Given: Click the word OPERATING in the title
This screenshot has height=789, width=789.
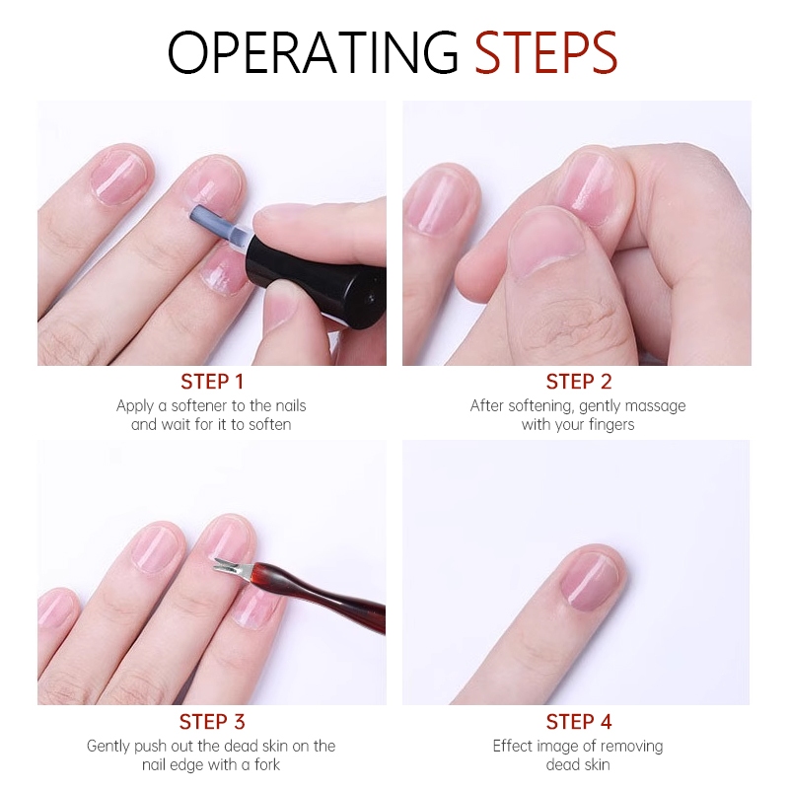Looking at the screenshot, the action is pos(313,52).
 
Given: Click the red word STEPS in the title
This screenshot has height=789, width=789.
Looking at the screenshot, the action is pos(546,52).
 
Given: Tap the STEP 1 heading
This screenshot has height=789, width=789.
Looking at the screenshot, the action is pos(212,382).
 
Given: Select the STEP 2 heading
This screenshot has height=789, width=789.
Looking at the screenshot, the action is pos(579,382).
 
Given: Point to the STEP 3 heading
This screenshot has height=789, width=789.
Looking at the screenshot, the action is pos(212,722).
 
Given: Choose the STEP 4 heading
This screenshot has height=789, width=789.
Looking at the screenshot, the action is pos(579,722).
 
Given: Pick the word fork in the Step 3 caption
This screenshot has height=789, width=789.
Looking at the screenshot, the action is pos(267,765).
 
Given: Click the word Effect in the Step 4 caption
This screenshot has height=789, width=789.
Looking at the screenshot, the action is pos(512,746).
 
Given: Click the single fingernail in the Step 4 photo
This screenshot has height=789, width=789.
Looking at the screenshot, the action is pos(590,581).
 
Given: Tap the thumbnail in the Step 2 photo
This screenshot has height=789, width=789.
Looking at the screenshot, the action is pos(546,244).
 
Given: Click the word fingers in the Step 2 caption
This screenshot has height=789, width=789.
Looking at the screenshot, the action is pos(611,425).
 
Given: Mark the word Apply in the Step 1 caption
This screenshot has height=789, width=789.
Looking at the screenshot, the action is pos(135,406).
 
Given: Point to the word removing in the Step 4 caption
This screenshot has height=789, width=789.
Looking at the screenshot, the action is pos(631,747).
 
